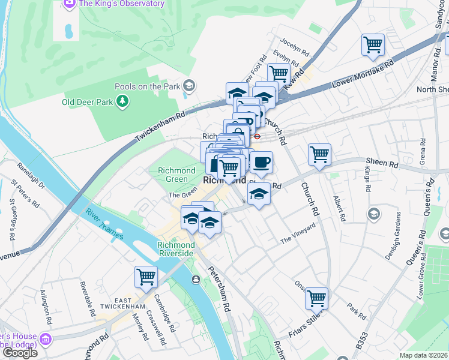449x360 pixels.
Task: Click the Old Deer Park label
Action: tap(88, 101)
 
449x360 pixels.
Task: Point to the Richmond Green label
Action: tap(176, 175)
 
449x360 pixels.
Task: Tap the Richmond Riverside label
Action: tap(176, 249)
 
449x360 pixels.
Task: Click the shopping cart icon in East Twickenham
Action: tap(146, 277)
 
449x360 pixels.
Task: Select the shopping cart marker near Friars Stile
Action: tap(316, 298)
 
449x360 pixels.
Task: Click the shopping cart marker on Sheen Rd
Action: tap(320, 154)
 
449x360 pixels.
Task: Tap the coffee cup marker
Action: tap(261, 161)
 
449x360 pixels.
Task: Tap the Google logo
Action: tap(19, 353)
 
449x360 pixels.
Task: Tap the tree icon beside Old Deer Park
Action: tap(122, 101)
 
